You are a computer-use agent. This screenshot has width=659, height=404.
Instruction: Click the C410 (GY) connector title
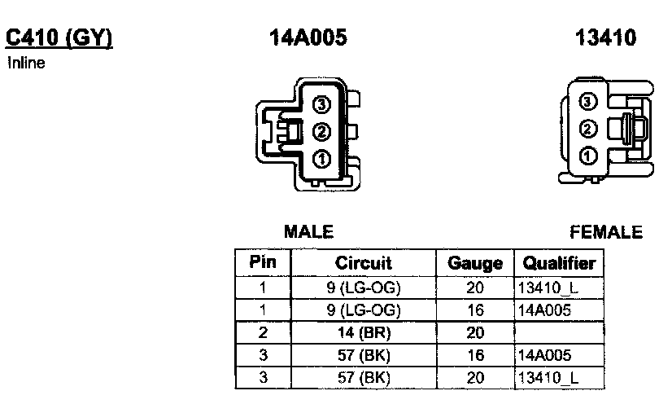tap(59, 37)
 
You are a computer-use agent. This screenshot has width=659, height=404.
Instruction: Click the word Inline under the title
tap(26, 63)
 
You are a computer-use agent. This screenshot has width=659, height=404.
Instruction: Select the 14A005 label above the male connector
tap(308, 37)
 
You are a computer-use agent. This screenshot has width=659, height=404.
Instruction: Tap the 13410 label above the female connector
tap(605, 37)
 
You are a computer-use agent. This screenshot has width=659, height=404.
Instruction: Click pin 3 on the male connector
tap(321, 103)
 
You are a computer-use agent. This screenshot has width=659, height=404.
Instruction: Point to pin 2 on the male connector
tap(321, 130)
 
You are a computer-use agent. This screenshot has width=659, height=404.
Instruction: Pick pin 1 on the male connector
tap(321, 159)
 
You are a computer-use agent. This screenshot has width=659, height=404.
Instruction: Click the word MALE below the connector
tap(308, 232)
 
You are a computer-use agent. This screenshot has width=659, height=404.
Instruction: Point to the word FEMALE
tap(606, 232)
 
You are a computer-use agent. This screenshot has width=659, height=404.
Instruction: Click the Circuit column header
tap(363, 263)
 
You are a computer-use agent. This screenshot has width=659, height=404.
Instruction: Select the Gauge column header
tap(475, 263)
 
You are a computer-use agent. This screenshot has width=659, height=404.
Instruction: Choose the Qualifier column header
tap(559, 263)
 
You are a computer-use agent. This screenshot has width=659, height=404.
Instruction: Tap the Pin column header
tap(262, 262)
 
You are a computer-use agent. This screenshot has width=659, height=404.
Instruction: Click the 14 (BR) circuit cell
tap(363, 332)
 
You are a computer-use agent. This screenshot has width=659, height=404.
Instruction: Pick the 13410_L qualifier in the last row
tap(548, 378)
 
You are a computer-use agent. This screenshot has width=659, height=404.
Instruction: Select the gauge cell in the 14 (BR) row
tap(475, 332)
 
